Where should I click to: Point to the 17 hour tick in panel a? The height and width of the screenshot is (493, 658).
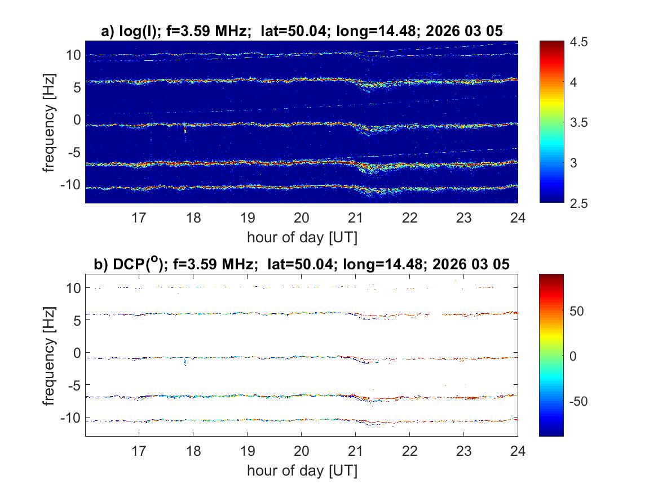[x=139, y=217]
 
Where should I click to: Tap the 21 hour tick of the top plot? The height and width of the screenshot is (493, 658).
[x=355, y=217]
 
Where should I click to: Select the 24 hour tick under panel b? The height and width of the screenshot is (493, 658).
[x=518, y=450]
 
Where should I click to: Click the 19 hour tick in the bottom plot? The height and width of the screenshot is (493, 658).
[x=247, y=450]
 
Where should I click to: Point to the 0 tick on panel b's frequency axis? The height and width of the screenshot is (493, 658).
[x=76, y=353]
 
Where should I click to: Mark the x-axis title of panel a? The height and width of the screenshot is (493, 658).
[x=301, y=237]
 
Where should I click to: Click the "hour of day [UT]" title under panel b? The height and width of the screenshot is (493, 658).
[x=301, y=470]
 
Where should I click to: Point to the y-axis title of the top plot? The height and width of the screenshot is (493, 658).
[x=50, y=122]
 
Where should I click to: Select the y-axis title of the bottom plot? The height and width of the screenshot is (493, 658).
[x=50, y=355]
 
